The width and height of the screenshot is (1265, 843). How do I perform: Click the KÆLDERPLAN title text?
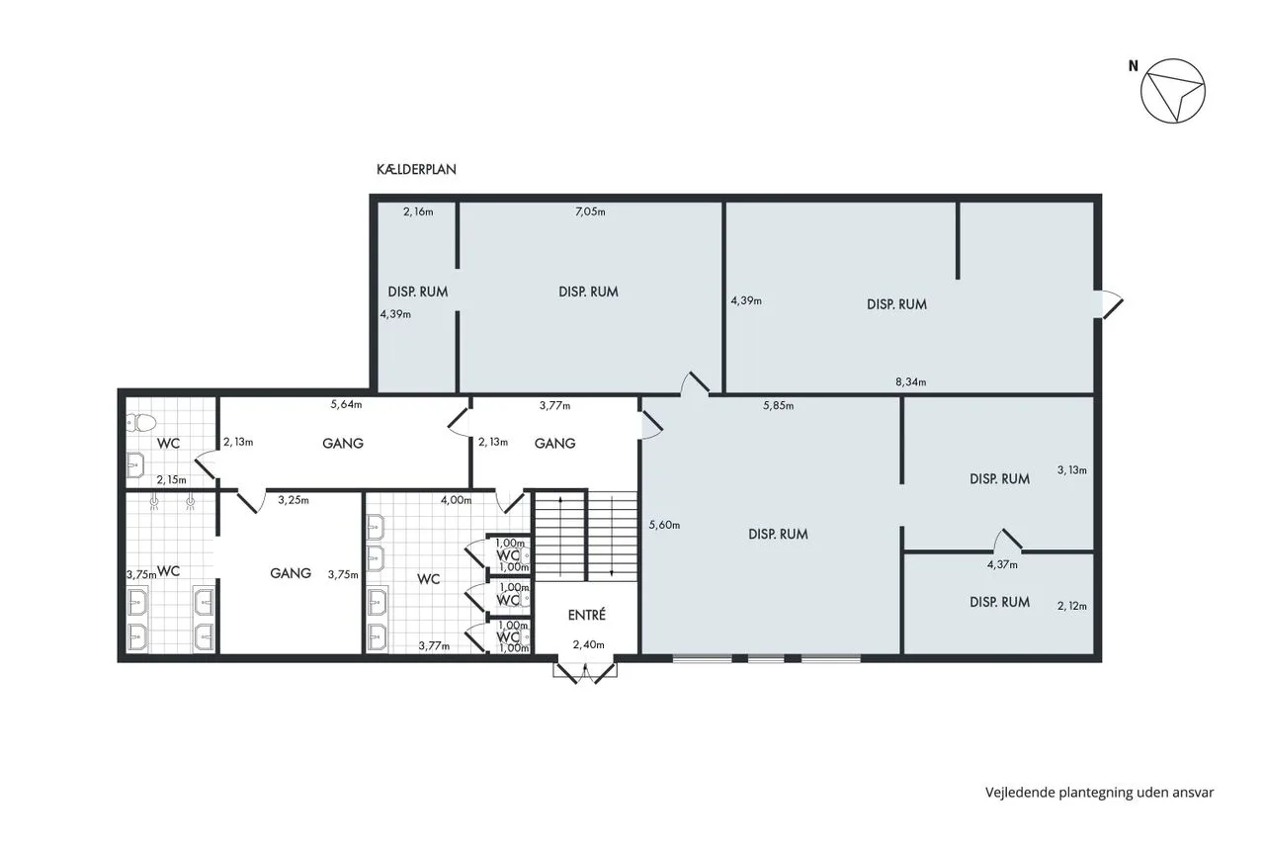coord(416,169)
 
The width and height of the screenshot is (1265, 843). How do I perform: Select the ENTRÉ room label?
coord(587,615)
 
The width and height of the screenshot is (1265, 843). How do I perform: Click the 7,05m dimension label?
coord(590,211)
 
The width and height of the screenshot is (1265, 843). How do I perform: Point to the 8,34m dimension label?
coord(911,381)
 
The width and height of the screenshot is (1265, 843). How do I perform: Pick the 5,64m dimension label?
coord(346,404)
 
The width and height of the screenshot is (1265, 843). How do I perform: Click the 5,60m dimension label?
coord(664,525)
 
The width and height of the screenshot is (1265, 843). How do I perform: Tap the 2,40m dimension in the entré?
coord(588,644)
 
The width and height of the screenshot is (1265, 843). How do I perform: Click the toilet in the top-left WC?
coord(140,422)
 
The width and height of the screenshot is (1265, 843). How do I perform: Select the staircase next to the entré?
coord(586,536)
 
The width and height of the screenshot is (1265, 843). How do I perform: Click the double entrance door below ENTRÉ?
coord(585,672)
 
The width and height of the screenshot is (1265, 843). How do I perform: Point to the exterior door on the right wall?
coord(1110,304)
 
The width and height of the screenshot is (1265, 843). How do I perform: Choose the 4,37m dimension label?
coord(1002,564)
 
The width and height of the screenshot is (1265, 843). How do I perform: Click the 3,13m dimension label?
coord(1072,469)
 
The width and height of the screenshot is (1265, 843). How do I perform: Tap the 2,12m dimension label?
coord(1072,606)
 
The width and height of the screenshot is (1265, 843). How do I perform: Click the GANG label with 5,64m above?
coord(343,443)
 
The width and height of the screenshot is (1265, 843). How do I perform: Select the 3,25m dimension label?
coord(294,500)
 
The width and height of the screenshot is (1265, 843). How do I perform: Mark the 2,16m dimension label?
coord(418,211)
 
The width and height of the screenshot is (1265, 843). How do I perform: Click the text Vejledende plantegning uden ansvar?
coord(1100,793)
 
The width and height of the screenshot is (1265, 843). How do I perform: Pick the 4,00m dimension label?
coord(456,500)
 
